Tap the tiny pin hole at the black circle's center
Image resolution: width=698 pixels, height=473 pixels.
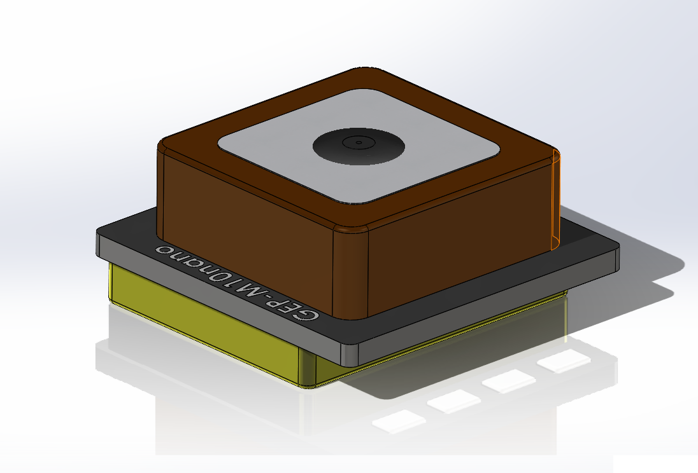pos(359,142)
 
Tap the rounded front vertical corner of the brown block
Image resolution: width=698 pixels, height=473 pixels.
pos(351,273)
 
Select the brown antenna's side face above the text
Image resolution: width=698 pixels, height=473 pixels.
pos(248,216)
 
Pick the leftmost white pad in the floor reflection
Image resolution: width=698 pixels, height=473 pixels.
pos(399,421)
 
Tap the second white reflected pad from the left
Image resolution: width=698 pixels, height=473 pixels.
pos(453,401)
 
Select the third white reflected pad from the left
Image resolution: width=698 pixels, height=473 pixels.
pos(508,382)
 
